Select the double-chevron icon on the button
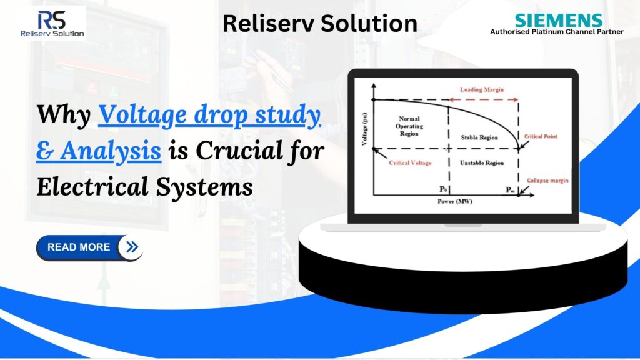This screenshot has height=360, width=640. [131, 247]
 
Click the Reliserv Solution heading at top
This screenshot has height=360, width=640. [319, 23]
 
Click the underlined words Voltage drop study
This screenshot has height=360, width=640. [210, 116]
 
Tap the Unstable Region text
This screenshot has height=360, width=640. [481, 162]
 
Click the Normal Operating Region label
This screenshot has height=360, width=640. [410, 126]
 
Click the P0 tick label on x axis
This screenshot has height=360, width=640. [444, 188]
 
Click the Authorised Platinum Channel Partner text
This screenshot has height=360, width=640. [556, 32]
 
